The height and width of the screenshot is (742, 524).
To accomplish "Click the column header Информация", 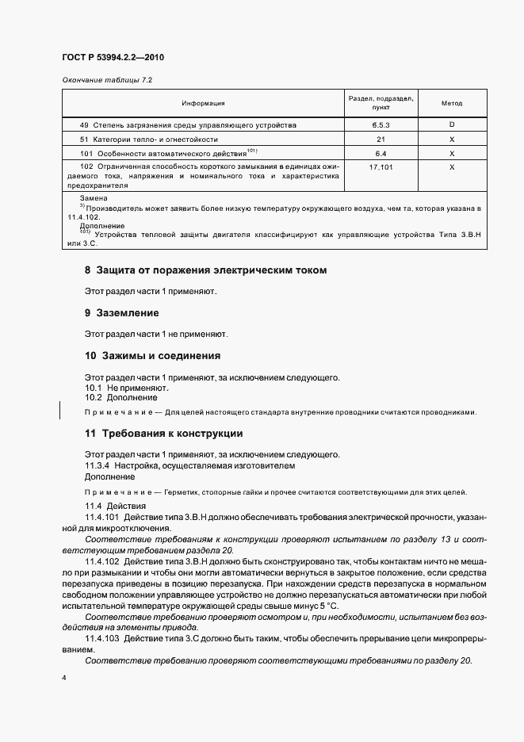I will click(203, 103).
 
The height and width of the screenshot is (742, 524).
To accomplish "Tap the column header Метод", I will click(451, 103).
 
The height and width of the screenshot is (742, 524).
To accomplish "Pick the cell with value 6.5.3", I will click(381, 125).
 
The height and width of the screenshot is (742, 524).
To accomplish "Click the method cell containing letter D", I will click(451, 125).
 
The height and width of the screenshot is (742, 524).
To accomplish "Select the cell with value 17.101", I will click(381, 167).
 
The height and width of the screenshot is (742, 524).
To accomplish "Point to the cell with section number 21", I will click(381, 140).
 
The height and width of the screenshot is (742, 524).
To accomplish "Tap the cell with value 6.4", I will click(381, 153).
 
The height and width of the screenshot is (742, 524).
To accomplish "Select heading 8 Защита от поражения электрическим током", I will click(205, 270).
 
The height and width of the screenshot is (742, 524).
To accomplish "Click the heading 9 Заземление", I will click(122, 313).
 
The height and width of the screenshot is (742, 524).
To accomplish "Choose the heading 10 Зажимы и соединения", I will click(152, 355).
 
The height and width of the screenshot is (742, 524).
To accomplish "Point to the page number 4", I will click(63, 679).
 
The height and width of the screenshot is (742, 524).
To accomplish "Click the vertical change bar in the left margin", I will click(61, 411).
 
